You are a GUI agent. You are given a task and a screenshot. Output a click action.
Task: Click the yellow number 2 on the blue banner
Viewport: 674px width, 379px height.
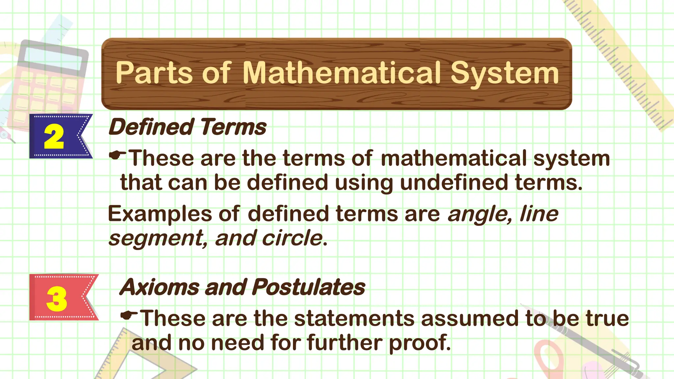54,137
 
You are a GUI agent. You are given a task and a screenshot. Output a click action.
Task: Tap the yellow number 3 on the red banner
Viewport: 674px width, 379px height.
57,298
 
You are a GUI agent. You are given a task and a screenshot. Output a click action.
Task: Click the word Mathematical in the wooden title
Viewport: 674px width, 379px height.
341,73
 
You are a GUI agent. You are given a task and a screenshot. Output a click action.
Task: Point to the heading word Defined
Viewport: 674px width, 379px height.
151,127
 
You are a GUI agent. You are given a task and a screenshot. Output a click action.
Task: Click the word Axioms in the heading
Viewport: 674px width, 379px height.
159,287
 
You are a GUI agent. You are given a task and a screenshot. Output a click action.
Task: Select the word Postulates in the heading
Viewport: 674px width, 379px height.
309,287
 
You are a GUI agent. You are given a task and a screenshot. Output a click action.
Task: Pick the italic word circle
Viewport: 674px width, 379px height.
292,238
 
